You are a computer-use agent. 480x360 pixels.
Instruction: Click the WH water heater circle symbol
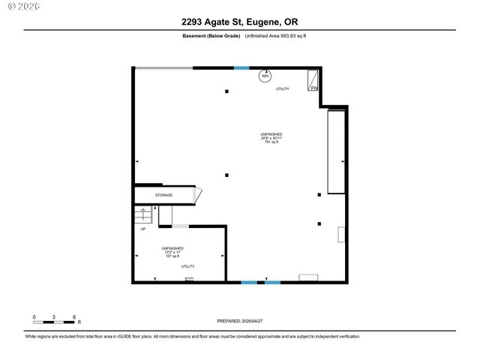[x=265, y=76]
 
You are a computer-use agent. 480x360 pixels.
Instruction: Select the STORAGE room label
[x=163, y=195]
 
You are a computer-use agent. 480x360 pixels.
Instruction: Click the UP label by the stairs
[x=143, y=229]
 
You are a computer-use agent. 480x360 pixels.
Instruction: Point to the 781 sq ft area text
[x=271, y=142]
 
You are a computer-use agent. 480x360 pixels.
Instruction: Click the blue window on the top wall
[x=241, y=68]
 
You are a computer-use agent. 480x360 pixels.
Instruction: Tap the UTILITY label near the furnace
[x=282, y=89]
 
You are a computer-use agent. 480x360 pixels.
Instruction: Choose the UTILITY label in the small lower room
[x=187, y=266]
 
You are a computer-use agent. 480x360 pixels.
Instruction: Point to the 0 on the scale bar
[x=34, y=316]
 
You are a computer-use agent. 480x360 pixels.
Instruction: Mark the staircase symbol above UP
[x=143, y=215]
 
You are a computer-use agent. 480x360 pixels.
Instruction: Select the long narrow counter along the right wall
[x=335, y=151]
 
